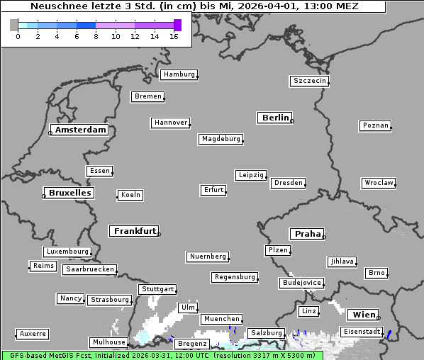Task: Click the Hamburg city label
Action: [x=179, y=74]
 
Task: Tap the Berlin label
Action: [x=275, y=118]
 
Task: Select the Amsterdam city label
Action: [x=80, y=130]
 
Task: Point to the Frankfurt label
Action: [x=135, y=231]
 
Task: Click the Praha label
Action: [x=307, y=234]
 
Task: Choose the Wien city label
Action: [x=362, y=315]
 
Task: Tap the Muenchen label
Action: [x=221, y=320]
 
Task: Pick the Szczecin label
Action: [x=310, y=81]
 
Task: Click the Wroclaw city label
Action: [x=378, y=183]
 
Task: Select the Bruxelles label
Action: [x=69, y=193]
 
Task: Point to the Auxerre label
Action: [x=33, y=334]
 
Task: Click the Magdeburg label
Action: [x=221, y=139]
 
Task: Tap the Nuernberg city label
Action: [x=208, y=257]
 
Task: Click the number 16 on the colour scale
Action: [x=174, y=35]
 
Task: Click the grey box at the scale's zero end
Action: [x=14, y=25]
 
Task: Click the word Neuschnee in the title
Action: [x=54, y=6]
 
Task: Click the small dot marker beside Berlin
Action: [x=292, y=121]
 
